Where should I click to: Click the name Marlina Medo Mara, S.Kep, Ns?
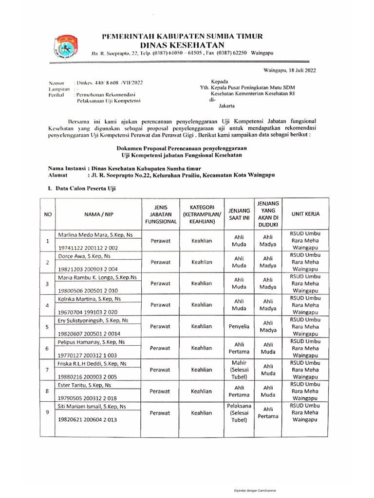[x=96, y=235]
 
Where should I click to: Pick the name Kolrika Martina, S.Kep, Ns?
[x=93, y=298]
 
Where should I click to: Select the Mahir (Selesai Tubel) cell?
[x=239, y=370]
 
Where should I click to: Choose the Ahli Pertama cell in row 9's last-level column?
[x=268, y=413]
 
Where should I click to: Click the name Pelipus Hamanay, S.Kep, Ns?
[x=92, y=342]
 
